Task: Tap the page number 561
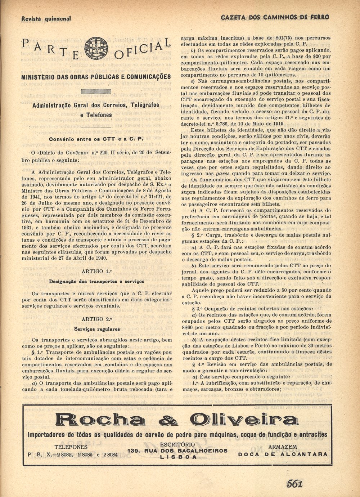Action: click(x=294, y=484)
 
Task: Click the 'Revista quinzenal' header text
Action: click(x=46, y=18)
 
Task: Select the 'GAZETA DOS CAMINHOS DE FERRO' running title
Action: click(x=275, y=17)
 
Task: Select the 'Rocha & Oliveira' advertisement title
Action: click(x=177, y=421)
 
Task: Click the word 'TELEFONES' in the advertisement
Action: click(x=71, y=447)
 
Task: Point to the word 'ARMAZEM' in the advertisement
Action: click(x=283, y=447)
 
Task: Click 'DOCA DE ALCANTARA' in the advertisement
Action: click(x=283, y=454)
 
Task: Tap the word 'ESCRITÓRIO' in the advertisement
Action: click(x=177, y=444)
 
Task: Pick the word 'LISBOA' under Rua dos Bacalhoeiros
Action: click(x=179, y=457)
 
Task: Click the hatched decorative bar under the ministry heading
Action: click(x=96, y=91)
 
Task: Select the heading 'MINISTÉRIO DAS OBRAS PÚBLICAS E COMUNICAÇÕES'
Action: click(x=96, y=77)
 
